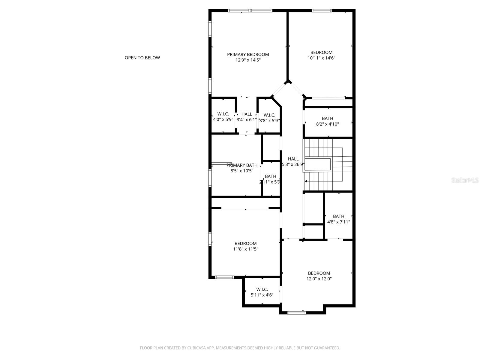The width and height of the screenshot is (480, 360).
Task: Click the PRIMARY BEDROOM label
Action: tap(248, 54)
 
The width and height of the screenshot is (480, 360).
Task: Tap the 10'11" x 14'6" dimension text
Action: tap(321, 58)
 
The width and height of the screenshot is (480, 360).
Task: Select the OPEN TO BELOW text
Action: tap(142, 58)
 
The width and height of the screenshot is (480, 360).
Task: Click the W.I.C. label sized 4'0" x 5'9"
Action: tap(223, 114)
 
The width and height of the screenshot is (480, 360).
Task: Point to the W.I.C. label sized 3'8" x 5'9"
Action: tap(269, 115)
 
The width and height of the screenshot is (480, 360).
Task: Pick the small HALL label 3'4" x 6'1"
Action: tap(247, 114)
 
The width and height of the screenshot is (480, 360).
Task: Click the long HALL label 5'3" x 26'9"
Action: tap(293, 159)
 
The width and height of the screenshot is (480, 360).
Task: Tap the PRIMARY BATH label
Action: tap(242, 165)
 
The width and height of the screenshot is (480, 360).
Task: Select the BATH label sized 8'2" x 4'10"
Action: tap(327, 118)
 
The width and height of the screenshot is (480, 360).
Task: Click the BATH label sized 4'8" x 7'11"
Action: tap(338, 216)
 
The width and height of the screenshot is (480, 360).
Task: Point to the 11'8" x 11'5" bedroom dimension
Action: tap(245, 249)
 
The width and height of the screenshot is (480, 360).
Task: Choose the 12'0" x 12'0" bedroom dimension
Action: tap(319, 279)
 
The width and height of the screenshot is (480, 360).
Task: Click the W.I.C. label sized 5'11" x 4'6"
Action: tap(262, 289)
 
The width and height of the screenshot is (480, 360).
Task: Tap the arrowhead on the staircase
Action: tap(306, 181)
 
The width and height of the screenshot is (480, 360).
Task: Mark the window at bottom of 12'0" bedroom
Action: tap(296, 313)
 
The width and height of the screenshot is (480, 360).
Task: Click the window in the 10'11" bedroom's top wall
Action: tap(321, 11)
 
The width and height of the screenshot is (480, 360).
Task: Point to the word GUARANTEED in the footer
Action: tap(326, 348)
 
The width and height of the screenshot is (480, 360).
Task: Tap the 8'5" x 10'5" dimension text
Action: tap(242, 171)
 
